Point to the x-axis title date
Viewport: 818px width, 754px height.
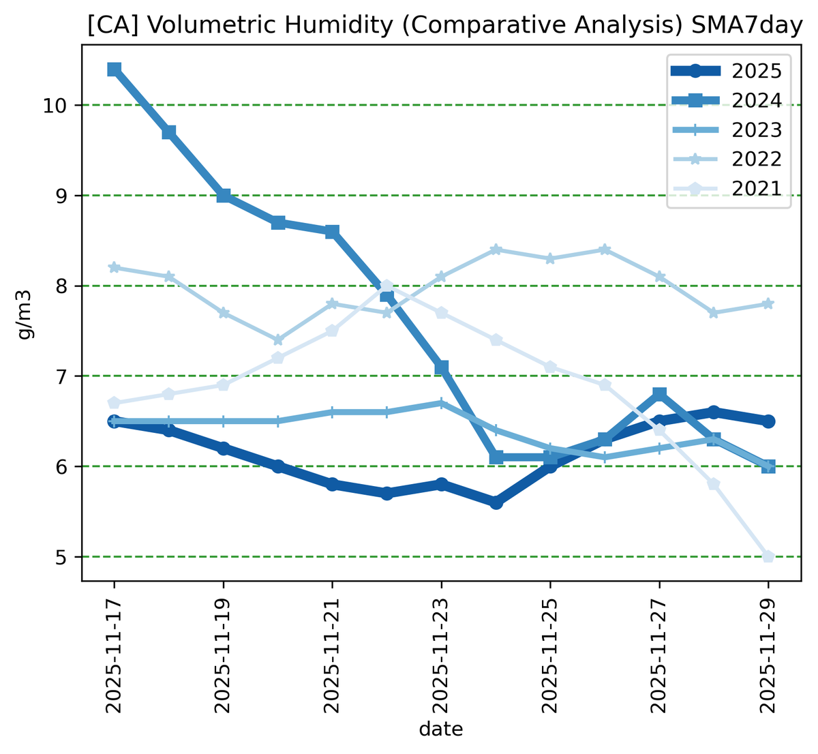(x=441, y=729)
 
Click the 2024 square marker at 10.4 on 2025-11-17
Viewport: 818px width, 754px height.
(x=115, y=70)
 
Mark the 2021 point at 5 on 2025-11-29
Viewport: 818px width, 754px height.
(x=768, y=557)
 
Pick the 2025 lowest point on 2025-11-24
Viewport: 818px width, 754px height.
(x=496, y=502)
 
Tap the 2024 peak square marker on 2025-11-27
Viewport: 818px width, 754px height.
(x=659, y=394)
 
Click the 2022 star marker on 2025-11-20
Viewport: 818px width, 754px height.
(x=278, y=340)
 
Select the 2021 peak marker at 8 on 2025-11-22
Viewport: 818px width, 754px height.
(x=387, y=286)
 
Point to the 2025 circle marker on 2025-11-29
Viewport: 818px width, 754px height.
(x=768, y=421)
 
